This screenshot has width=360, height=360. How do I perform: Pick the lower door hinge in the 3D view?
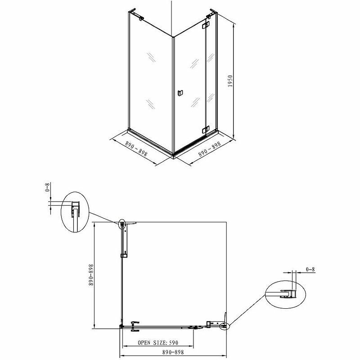pyautogui.click(x=206, y=130)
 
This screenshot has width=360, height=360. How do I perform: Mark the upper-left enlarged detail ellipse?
pyautogui.click(x=75, y=211)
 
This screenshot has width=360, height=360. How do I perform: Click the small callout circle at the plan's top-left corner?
pyautogui.click(x=122, y=223)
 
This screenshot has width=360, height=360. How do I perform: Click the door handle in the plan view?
pyautogui.click(x=135, y=326)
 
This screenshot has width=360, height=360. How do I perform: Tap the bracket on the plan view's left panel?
pyautogui.click(x=125, y=256)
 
